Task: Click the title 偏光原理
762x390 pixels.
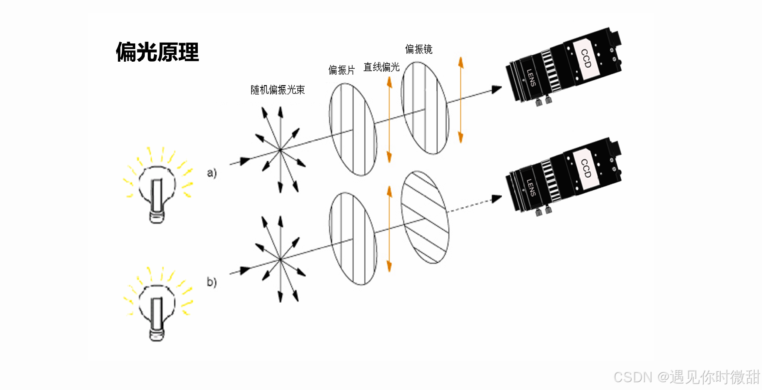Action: (157, 52)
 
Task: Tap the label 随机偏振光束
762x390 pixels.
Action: (277, 90)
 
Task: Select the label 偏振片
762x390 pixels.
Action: (341, 70)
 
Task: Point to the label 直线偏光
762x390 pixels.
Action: (381, 67)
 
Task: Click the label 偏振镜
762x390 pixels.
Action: (419, 49)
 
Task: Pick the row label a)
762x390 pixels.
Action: (212, 173)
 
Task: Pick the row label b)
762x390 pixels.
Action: (212, 282)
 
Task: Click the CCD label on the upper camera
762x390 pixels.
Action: (586, 59)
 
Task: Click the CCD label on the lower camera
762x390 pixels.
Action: (586, 168)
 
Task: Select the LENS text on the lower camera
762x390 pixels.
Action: (531, 188)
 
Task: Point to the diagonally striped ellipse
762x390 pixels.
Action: (425, 217)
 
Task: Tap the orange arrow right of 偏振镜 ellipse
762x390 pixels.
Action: (461, 100)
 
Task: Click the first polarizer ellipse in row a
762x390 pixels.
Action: (353, 129)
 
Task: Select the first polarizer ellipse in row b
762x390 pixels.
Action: (353, 239)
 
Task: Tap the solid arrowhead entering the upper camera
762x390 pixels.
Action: (496, 89)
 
